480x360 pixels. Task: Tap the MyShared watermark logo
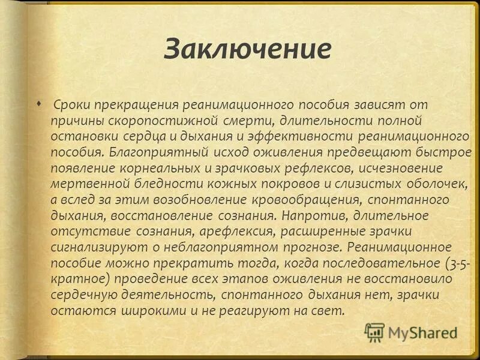(411, 332)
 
